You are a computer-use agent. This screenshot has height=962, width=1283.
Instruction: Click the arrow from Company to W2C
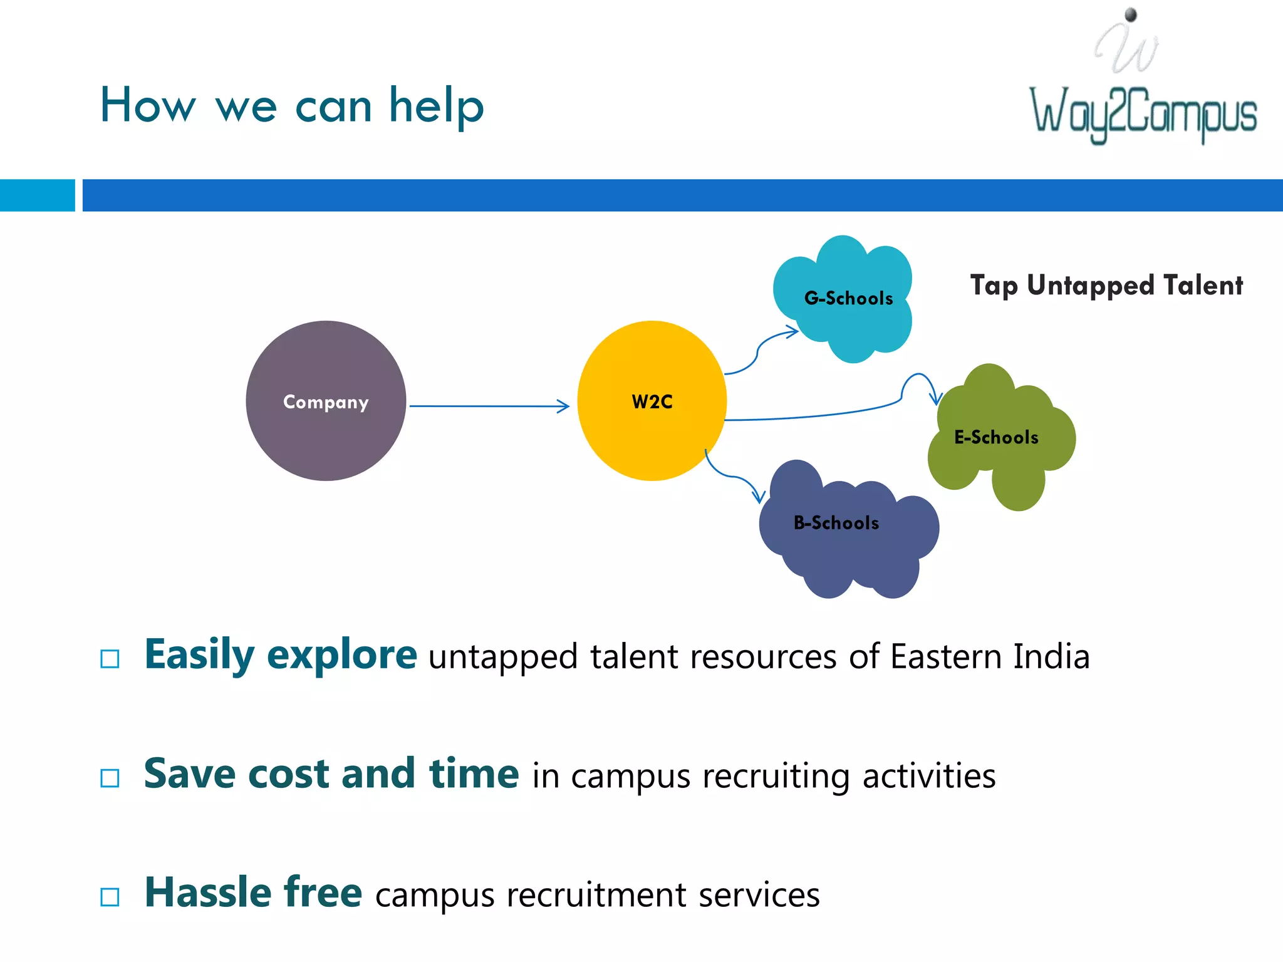click(x=489, y=406)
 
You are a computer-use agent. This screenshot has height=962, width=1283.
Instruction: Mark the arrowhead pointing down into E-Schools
click(x=936, y=399)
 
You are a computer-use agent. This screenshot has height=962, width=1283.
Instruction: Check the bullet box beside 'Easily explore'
click(x=110, y=659)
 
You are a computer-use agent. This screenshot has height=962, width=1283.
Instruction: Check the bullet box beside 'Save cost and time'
click(x=110, y=778)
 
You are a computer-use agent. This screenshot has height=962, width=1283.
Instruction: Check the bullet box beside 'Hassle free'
click(x=110, y=897)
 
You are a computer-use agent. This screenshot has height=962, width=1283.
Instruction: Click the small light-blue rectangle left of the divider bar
click(x=37, y=195)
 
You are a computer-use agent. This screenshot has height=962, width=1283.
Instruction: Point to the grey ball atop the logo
click(x=1131, y=14)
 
